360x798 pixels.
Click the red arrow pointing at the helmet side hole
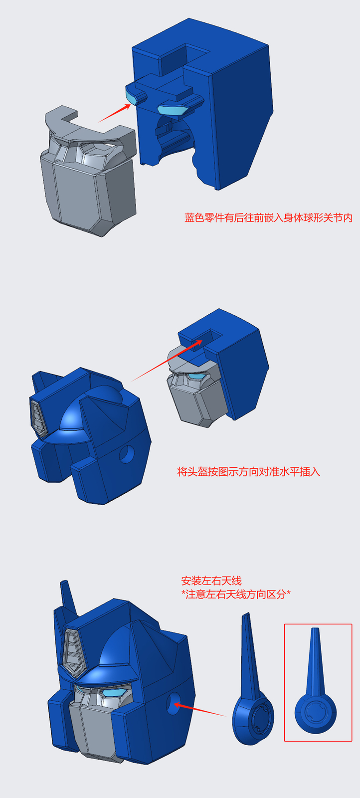(199, 710)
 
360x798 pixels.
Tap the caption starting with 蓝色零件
(268, 218)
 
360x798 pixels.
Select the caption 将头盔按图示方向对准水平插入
(248, 471)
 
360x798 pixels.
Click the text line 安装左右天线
(211, 581)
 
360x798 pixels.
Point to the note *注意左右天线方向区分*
(236, 594)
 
